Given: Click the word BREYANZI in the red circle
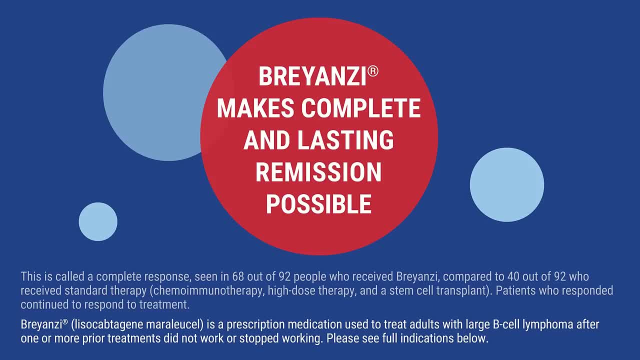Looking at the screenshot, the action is pos(312,76).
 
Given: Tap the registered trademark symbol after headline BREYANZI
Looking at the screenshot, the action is pos(373,71).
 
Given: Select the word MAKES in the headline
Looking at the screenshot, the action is pos(255,108).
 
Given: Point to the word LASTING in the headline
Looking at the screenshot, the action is pos(345,140).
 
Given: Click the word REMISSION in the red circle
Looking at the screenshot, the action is pos(318,172).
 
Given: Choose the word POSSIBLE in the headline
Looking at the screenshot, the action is pos(319,204).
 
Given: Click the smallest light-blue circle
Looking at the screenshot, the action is pos(98,221).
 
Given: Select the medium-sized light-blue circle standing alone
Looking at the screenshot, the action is pos(507,185).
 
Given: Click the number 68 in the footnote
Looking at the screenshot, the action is pos(238,276).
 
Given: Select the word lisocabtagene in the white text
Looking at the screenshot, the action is pos(107,324).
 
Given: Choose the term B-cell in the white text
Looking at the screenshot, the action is pos(506,324).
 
